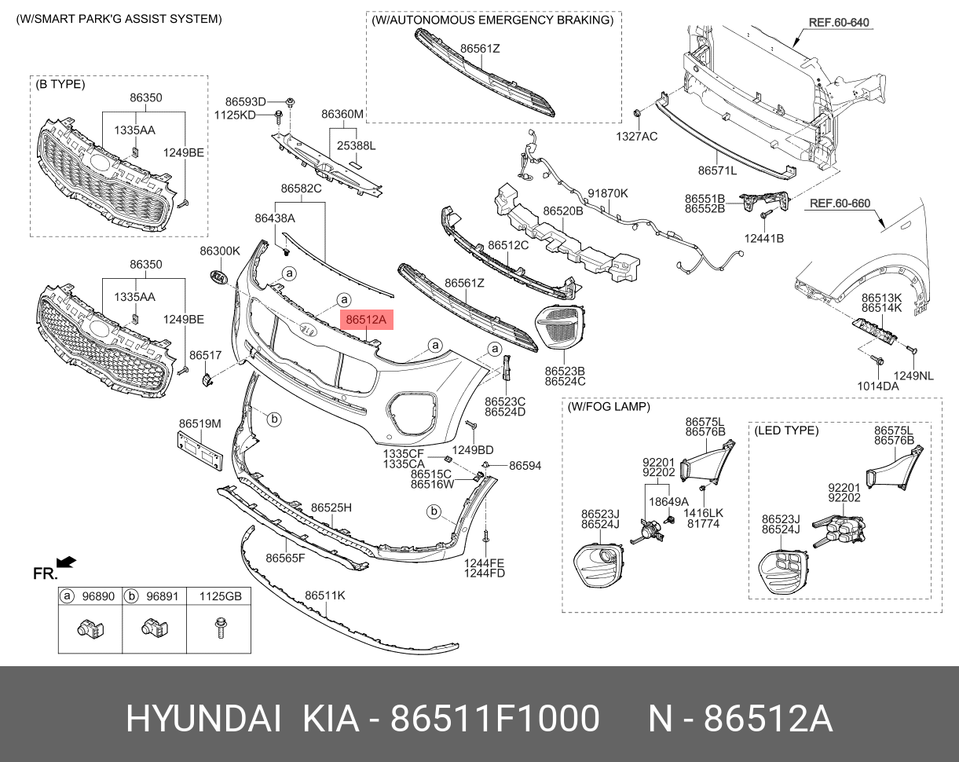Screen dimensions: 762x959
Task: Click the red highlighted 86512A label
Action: (x=366, y=320)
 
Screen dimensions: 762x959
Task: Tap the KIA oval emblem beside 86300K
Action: (x=218, y=278)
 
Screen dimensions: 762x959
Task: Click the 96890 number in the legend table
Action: (x=99, y=596)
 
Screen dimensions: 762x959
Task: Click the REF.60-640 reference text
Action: (x=839, y=22)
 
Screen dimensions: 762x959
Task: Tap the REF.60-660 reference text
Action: (x=840, y=203)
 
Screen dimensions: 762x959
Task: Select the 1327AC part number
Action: (x=637, y=136)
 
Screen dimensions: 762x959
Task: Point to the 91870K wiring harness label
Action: (x=608, y=193)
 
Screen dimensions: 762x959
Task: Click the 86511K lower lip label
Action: (x=325, y=595)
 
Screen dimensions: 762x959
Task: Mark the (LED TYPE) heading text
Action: (x=786, y=430)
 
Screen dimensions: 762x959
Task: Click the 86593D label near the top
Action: (x=246, y=101)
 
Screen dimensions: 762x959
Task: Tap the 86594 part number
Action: (x=525, y=466)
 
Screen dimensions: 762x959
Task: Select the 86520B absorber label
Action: (x=563, y=211)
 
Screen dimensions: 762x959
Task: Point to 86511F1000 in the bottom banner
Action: (x=496, y=719)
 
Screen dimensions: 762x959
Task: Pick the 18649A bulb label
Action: (x=668, y=501)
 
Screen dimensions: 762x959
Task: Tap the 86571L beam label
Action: (x=717, y=170)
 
